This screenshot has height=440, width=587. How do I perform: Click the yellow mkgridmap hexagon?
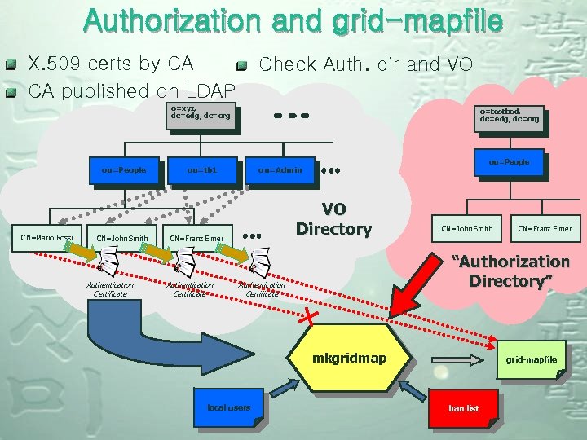click(350, 359)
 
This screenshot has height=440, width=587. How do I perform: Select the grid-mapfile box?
click(530, 359)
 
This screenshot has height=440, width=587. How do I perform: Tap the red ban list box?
click(462, 407)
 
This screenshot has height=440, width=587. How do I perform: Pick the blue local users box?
click(229, 407)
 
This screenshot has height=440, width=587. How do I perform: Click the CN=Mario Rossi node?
click(46, 238)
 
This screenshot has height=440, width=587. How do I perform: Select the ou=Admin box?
click(280, 170)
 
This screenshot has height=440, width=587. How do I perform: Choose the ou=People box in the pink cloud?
click(509, 162)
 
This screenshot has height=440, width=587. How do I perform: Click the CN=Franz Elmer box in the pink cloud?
click(544, 228)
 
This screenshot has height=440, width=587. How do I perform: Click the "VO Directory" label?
click(333, 218)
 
